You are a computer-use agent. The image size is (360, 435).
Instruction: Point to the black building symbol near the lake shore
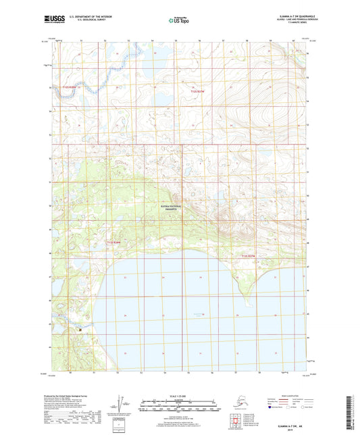(80, 330)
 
